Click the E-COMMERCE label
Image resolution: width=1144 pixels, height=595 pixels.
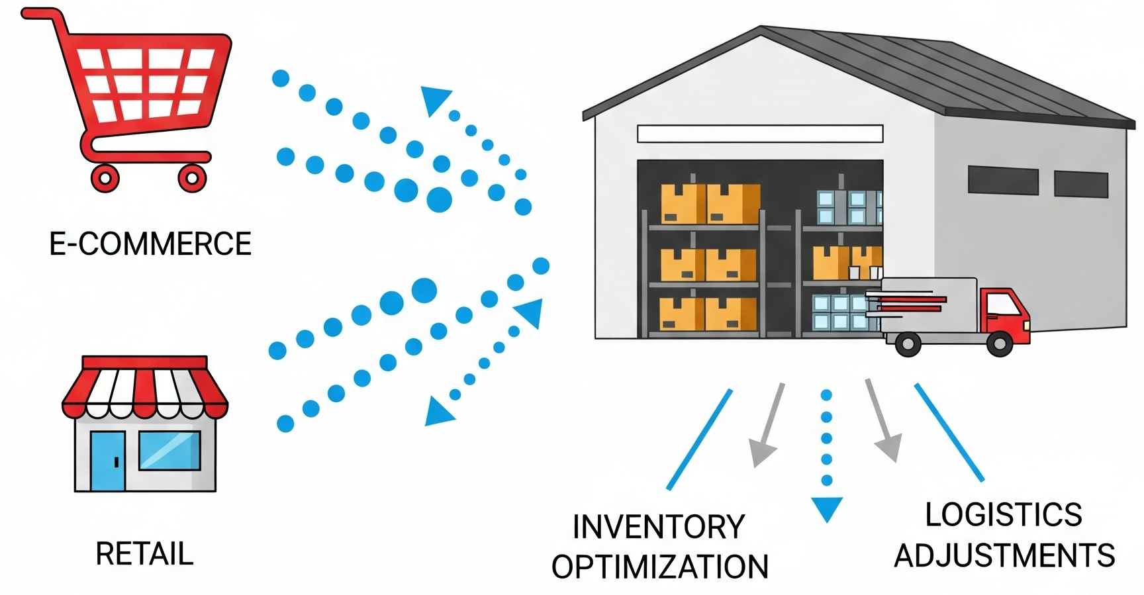pyautogui.click(x=150, y=244)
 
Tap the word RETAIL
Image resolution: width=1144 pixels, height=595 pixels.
pyautogui.click(x=144, y=554)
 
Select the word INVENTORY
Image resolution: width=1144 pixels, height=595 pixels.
pyautogui.click(x=658, y=527)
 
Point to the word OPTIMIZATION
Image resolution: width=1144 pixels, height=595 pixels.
pyautogui.click(x=660, y=567)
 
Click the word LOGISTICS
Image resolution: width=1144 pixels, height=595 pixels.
pyautogui.click(x=1003, y=515)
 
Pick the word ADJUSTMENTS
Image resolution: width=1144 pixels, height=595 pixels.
pyautogui.click(x=1004, y=555)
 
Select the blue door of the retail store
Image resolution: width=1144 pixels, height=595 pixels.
pyautogui.click(x=107, y=461)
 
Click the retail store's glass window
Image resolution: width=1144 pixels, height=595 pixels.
pyautogui.click(x=169, y=450)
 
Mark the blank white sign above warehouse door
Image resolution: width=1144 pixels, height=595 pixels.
pyautogui.click(x=759, y=134)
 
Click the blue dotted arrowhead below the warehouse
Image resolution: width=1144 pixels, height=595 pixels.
pyautogui.click(x=827, y=509)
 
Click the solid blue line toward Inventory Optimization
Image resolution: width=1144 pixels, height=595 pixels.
pyautogui.click(x=699, y=439)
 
